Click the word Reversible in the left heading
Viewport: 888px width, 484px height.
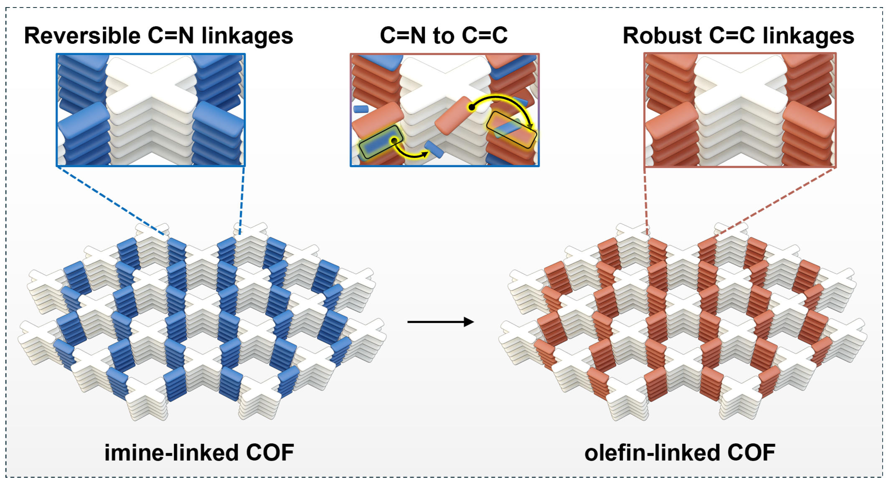(82, 36)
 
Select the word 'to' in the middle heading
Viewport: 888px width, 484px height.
(443, 36)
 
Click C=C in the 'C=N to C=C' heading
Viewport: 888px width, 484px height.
(487, 36)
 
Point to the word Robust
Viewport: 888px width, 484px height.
(662, 36)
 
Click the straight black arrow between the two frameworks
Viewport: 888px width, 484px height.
(440, 322)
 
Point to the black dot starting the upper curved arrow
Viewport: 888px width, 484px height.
(472, 107)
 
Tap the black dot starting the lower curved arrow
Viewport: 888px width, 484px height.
(393, 141)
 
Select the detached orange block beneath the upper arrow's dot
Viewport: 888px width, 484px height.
(453, 117)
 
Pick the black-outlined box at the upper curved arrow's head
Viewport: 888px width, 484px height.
(512, 130)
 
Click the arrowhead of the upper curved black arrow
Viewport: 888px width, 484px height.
(530, 126)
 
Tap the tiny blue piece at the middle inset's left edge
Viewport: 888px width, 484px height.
(361, 109)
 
